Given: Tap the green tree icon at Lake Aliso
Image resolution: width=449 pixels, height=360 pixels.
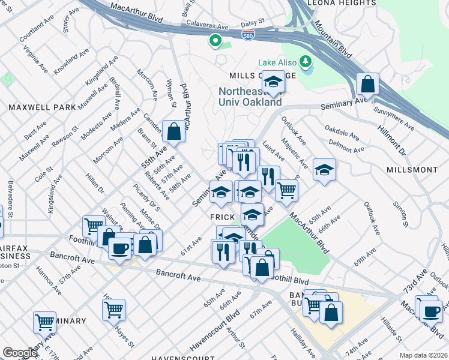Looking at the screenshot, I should (306, 62).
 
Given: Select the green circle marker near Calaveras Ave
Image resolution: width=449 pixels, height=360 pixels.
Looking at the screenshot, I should (214, 41).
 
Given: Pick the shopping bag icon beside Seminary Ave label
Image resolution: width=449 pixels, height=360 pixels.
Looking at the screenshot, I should (367, 84).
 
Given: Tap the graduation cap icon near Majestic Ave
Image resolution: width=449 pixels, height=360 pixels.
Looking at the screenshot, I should (324, 170).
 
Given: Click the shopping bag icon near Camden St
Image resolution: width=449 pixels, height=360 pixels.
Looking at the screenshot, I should (173, 132).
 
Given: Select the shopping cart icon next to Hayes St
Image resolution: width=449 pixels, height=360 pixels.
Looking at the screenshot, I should (113, 310).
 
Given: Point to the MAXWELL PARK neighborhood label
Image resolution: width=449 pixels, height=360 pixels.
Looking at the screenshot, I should (42, 107).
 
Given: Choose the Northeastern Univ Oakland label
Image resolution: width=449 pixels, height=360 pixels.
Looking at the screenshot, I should (250, 97).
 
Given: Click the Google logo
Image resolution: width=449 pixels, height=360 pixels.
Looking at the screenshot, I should (19, 353).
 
